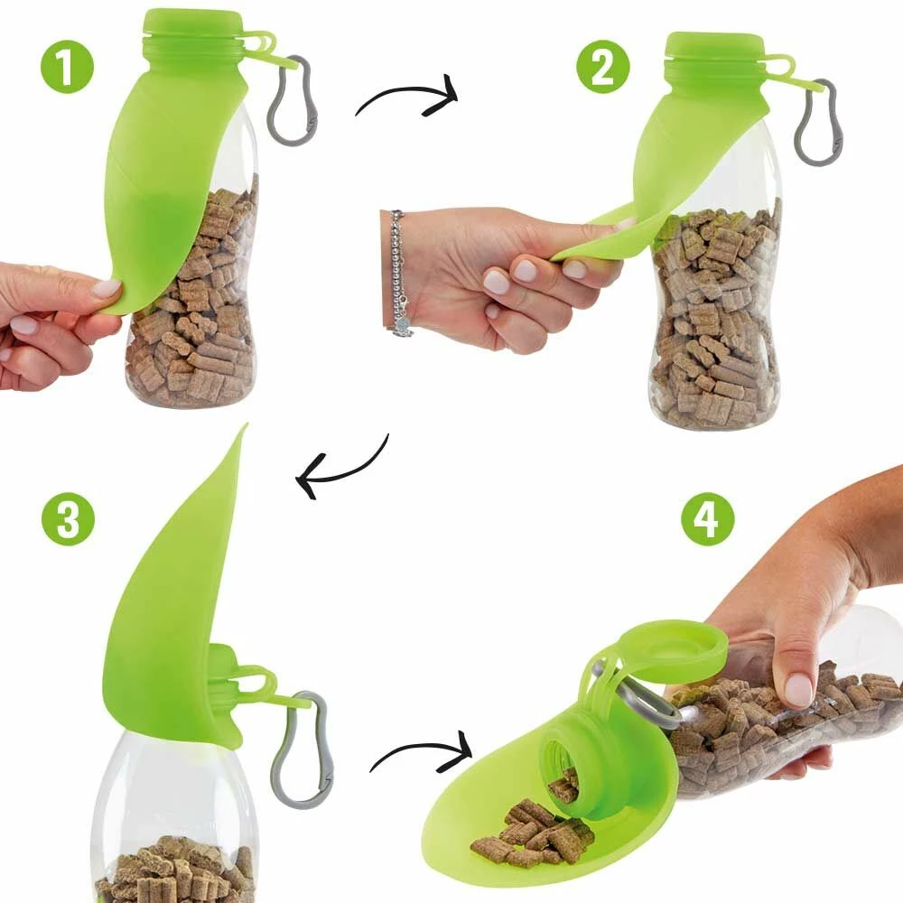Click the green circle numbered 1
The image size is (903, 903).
[x=67, y=67]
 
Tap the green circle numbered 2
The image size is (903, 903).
[x=603, y=67]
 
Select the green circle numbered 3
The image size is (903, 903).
[x=68, y=518]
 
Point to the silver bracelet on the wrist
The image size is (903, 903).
[x=398, y=271]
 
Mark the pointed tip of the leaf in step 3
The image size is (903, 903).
[x=247, y=424]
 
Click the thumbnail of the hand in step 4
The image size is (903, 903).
[x=798, y=690]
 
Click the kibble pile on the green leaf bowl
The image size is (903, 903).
[x=533, y=833]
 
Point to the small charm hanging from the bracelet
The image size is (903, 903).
[x=402, y=326]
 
